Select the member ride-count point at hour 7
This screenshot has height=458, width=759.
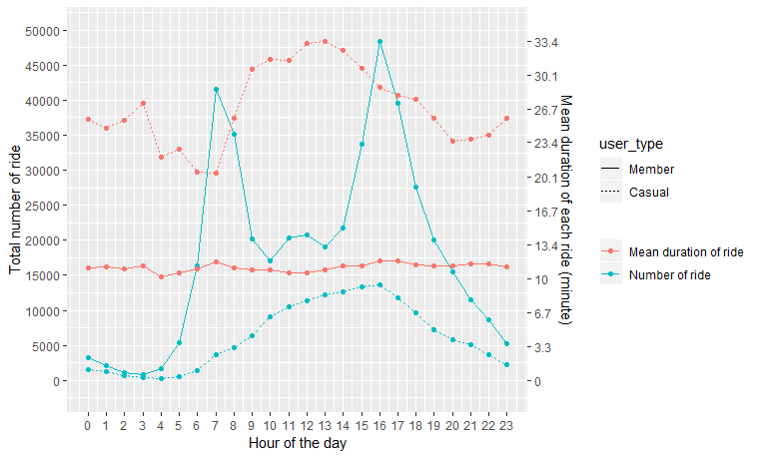pyautogui.click(x=216, y=90)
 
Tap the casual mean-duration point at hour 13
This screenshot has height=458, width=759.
pyautogui.click(x=325, y=41)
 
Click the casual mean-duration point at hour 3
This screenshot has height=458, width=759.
pyautogui.click(x=143, y=104)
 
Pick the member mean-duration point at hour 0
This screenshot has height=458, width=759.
pyautogui.click(x=88, y=267)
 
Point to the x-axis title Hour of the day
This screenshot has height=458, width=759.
pyautogui.click(x=297, y=443)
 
